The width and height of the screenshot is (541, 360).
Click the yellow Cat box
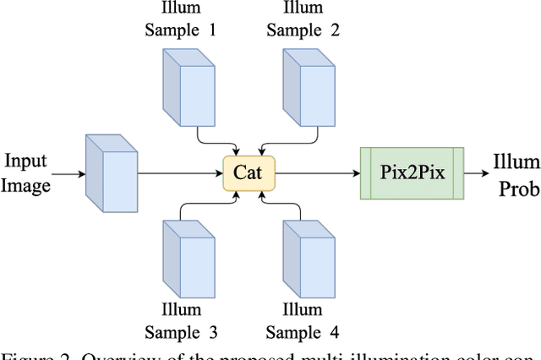249,173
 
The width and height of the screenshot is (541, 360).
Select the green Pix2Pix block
413,173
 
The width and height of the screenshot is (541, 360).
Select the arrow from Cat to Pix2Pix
317,174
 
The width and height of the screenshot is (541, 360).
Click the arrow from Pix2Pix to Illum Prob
476,174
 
